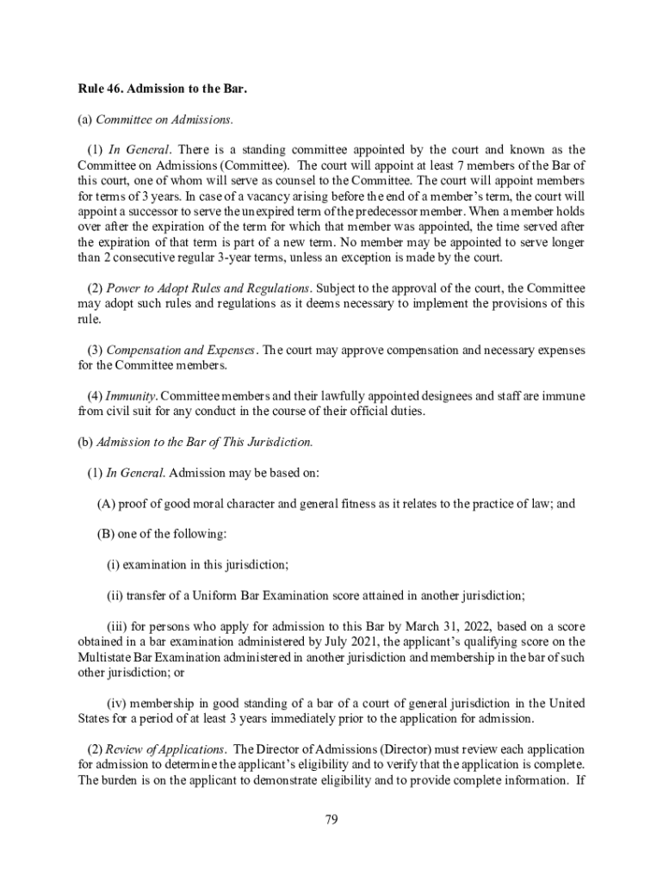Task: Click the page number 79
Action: tap(331, 819)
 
